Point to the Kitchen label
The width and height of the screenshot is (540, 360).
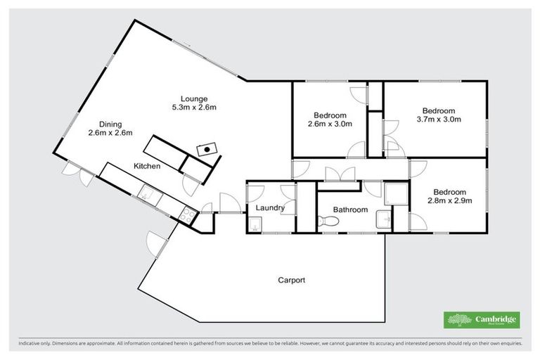tap(148, 167)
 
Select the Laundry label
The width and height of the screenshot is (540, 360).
tap(270, 208)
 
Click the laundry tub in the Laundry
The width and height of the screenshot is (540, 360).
tap(255, 224)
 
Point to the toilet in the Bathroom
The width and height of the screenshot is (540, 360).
tap(328, 222)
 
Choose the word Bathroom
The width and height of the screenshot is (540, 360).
tap(350, 210)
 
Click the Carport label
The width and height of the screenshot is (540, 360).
tap(291, 280)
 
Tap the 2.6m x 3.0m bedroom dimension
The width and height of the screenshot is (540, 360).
tap(330, 124)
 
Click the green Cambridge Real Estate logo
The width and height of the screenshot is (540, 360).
tap(482, 320)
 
